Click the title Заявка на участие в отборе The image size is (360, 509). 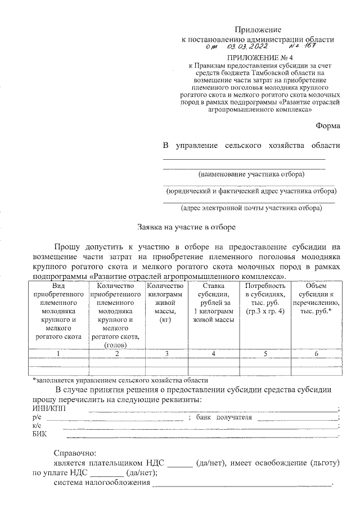(183, 228)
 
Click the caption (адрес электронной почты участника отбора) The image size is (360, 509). (251, 208)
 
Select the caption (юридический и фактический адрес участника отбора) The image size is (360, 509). (250, 191)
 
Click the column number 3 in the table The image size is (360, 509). (167, 353)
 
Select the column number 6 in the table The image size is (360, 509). (316, 353)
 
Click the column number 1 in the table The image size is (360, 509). (58, 353)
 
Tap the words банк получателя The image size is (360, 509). (224, 417)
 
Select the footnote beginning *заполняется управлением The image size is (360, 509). (120, 380)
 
